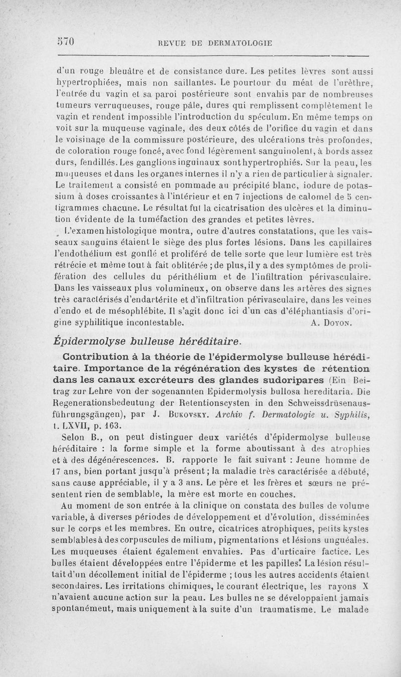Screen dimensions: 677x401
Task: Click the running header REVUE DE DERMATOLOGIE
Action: tap(215, 43)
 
